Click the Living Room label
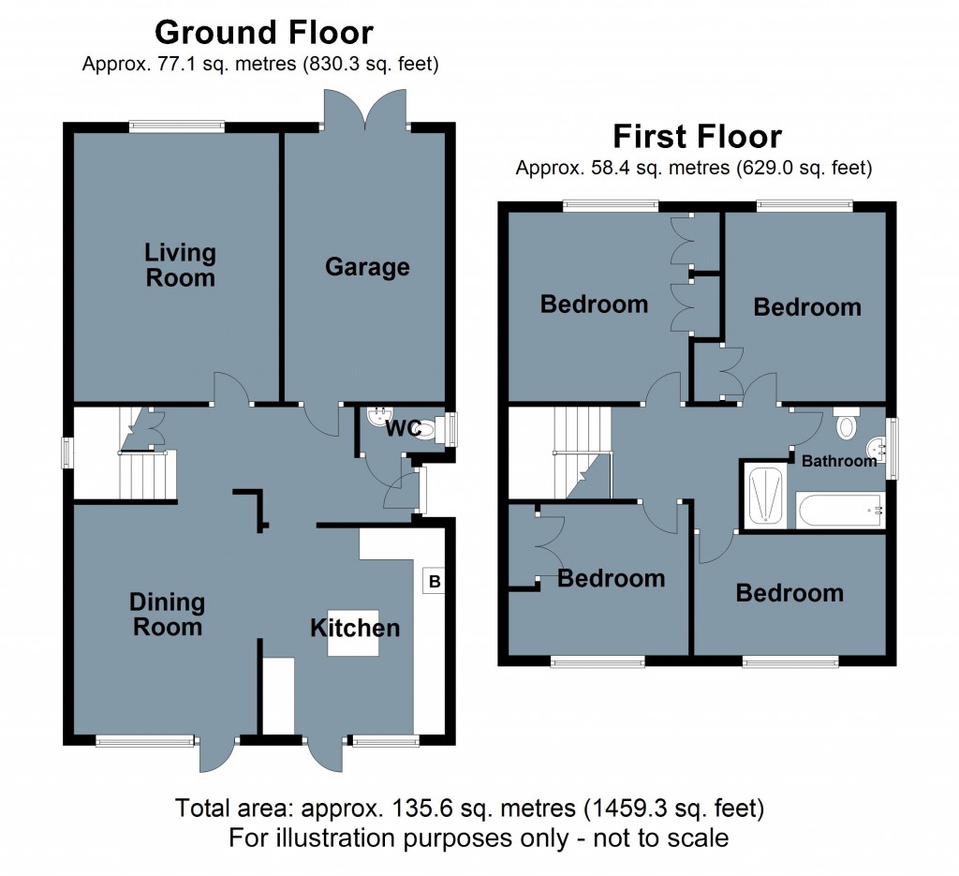pyautogui.click(x=180, y=265)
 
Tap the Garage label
pyautogui.click(x=367, y=267)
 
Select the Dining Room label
pyautogui.click(x=168, y=615)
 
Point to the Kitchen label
pyautogui.click(x=355, y=628)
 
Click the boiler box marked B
pyautogui.click(x=434, y=582)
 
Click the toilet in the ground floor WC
pyautogui.click(x=426, y=431)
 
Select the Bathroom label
pyautogui.click(x=838, y=460)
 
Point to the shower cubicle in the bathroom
pyautogui.click(x=765, y=495)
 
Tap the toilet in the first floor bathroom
pyautogui.click(x=847, y=424)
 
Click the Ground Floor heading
pyautogui.click(x=263, y=33)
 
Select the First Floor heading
pyautogui.click(x=697, y=137)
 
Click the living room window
pyautogui.click(x=177, y=126)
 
